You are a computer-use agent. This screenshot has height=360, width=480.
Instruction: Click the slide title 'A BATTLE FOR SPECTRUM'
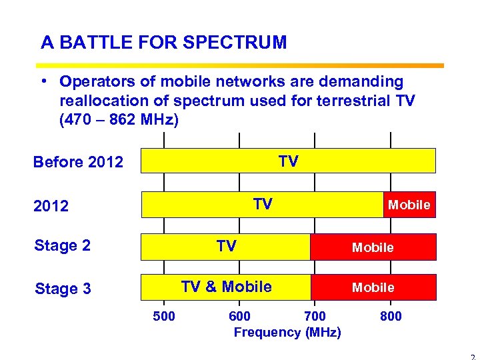coord(163,43)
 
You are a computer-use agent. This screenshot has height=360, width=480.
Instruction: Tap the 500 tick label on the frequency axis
coord(164,316)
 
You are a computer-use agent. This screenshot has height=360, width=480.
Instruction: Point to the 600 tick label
coord(239,316)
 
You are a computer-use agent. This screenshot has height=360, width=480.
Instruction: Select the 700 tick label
coord(315,316)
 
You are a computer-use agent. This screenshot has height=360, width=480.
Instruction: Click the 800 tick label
coord(391,316)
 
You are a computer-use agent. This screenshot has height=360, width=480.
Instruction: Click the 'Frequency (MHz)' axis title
coord(287,332)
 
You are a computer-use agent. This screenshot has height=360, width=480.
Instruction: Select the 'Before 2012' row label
coord(78,162)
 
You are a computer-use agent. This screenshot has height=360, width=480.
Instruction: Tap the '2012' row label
coord(51,206)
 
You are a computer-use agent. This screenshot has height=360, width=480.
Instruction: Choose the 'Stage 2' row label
coord(62,245)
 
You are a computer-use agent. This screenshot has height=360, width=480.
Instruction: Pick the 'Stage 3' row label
coord(62,289)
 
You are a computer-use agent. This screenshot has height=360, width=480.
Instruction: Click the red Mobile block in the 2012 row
coord(409,205)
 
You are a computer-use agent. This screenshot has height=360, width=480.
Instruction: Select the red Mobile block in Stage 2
coord(373,247)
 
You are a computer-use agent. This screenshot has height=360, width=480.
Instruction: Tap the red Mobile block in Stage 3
coord(373,287)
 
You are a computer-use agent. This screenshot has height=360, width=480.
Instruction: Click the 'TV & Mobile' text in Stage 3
coord(226,287)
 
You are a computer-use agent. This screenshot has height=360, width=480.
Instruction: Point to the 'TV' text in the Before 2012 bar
coord(288,161)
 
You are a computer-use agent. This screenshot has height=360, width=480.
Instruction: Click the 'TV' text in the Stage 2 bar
coord(226,247)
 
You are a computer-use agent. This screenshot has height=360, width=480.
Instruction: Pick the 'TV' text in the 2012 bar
coord(263,204)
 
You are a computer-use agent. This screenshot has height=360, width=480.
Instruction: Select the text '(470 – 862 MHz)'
coord(119,121)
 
